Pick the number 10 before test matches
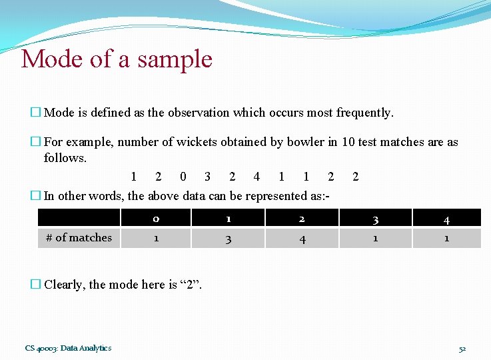[x=349, y=142]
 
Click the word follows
[x=65, y=158]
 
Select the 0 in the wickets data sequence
[x=183, y=177]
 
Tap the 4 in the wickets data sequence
[x=256, y=177]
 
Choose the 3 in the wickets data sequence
[x=208, y=177]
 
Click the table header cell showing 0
[x=155, y=219]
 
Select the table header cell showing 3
[x=375, y=219]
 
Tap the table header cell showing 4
[x=446, y=219]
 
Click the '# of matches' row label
[x=79, y=237]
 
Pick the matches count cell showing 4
[x=302, y=238]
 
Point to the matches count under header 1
[x=228, y=238]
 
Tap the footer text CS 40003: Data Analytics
[x=68, y=348]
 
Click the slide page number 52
[x=462, y=349]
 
